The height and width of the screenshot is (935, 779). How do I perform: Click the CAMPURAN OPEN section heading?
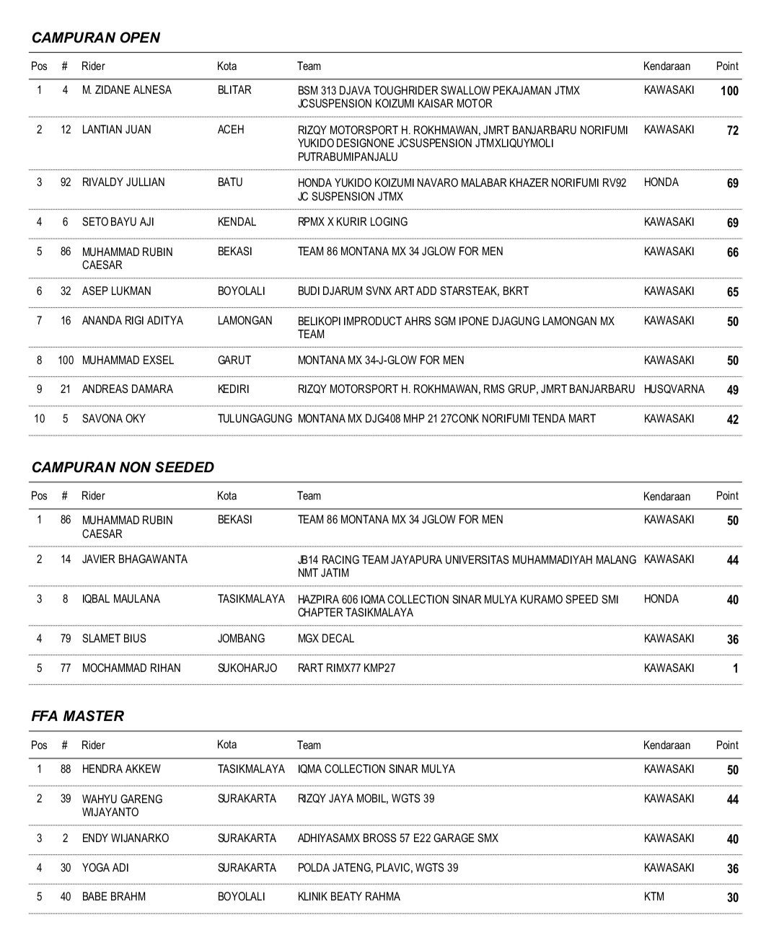point(96,38)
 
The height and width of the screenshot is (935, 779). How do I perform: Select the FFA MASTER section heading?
point(78,716)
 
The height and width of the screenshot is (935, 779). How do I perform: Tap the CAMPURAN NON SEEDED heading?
point(123,467)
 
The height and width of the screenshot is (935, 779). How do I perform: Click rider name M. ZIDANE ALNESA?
point(127,90)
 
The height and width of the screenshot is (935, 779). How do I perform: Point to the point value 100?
point(729,91)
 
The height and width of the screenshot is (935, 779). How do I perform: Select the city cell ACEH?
point(231,130)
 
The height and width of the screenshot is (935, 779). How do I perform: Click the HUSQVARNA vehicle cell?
point(674,389)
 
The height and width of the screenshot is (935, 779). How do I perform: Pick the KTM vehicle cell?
point(654,897)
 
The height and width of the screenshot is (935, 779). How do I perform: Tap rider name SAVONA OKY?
point(114,419)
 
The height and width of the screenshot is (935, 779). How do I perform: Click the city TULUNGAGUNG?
point(255,419)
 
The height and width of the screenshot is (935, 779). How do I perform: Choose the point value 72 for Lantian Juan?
point(732,130)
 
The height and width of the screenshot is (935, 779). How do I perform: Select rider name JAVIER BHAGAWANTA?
point(135,559)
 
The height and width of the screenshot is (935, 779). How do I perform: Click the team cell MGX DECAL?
point(326,639)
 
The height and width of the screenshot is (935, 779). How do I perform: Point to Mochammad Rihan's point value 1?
point(735,669)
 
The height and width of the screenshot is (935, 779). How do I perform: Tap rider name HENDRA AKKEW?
point(121,769)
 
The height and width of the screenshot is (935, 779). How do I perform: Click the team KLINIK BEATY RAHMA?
point(349,897)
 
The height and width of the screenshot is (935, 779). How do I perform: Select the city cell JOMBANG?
point(241,639)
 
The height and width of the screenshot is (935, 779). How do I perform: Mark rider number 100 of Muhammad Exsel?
point(66,360)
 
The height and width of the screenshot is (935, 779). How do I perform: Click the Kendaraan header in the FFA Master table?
point(666,745)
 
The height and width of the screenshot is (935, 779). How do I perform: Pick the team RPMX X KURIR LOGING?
point(353,222)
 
